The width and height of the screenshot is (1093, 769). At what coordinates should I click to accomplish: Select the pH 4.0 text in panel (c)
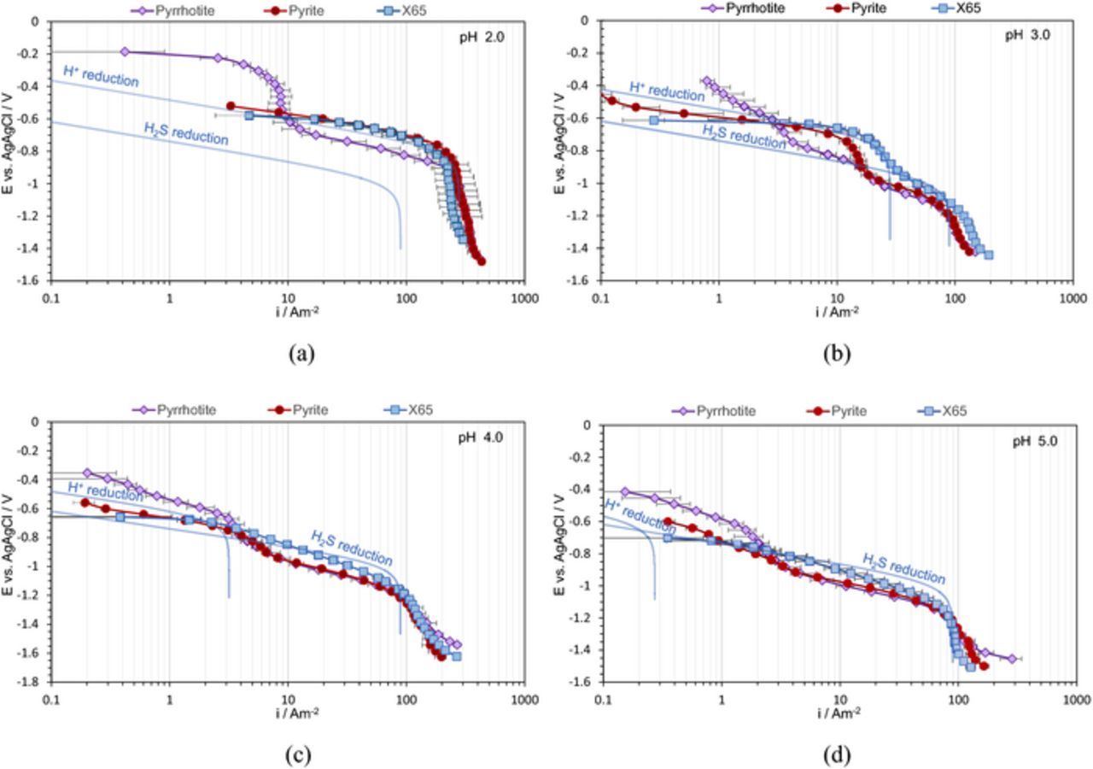tap(490, 438)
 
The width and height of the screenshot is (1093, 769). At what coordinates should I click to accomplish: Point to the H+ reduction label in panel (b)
tap(667, 91)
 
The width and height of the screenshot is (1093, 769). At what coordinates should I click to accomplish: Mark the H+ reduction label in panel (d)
tap(640, 518)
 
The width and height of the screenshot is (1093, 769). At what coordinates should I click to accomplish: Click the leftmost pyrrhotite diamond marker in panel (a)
tap(125, 51)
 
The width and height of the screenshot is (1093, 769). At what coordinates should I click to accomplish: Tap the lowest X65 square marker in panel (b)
tap(989, 254)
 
